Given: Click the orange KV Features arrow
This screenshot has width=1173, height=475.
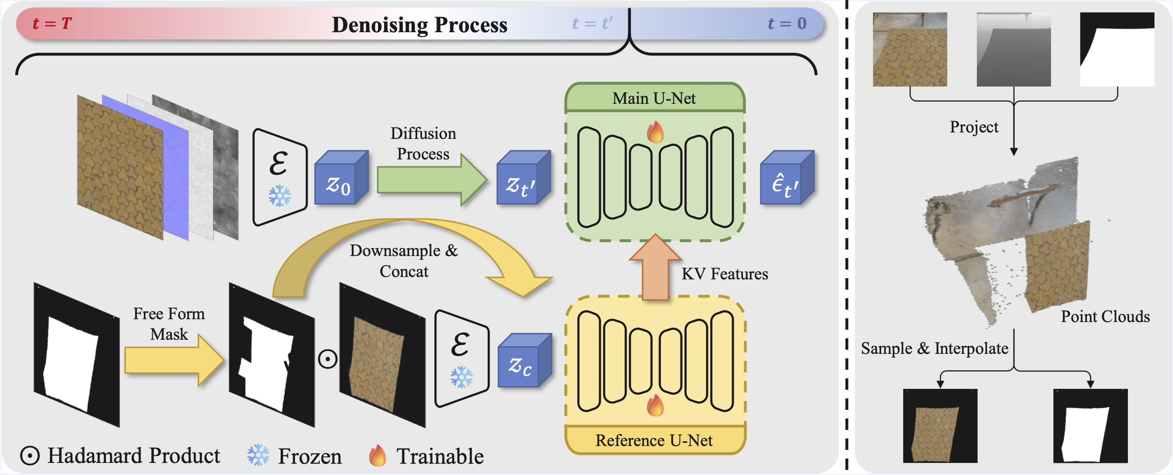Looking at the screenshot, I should click(x=655, y=268).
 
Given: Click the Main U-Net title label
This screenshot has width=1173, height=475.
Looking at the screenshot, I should click(x=654, y=98).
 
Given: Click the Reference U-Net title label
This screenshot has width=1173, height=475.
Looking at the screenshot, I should click(x=654, y=440).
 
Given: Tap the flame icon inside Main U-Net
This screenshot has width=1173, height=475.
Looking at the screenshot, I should click(x=655, y=132).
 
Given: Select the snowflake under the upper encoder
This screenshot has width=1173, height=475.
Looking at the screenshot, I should click(x=279, y=196).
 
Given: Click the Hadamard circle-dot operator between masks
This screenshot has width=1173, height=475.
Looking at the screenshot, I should click(x=327, y=359).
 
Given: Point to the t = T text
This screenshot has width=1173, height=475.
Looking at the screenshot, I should click(x=52, y=23).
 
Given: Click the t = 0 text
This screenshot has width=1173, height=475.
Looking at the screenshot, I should click(x=786, y=23).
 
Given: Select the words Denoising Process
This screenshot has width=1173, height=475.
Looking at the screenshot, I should click(x=419, y=25).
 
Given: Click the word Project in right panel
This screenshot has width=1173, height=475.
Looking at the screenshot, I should click(x=974, y=127).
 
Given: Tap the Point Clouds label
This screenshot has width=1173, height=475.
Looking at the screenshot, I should click(x=1105, y=316).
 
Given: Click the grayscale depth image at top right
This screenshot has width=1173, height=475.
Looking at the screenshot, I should click(x=1013, y=49).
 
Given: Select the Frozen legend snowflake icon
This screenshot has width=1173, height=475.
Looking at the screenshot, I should click(x=258, y=455).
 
